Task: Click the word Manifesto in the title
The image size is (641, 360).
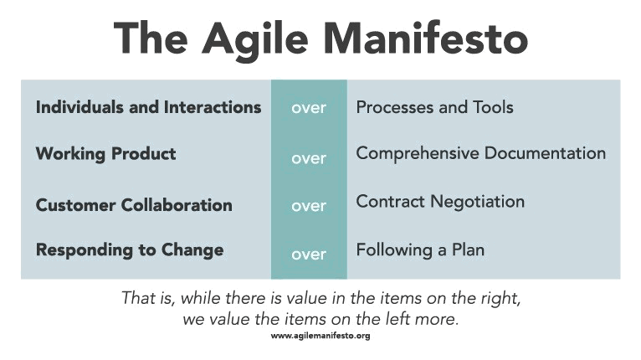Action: point(425,38)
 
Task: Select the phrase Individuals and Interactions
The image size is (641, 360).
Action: point(148,107)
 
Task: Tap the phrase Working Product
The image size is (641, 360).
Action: point(106,154)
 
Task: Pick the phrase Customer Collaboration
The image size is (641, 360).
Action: point(134,205)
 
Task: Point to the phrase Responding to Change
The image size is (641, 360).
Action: point(130,250)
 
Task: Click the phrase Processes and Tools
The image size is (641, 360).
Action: point(434,107)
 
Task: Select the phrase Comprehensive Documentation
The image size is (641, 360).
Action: point(480,153)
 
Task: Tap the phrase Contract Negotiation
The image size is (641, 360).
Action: point(440,202)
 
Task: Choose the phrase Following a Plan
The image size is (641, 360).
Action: point(420,250)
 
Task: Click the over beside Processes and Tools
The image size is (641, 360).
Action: point(309,108)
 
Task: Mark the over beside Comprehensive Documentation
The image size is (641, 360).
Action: point(309,159)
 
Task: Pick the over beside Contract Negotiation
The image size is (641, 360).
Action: point(309,206)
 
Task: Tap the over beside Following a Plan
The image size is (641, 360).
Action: point(309,255)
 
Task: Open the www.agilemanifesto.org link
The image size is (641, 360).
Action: point(320,337)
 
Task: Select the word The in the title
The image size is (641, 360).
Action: point(151,38)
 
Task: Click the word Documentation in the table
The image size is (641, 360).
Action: point(545,153)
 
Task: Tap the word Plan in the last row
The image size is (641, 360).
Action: point(468,249)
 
